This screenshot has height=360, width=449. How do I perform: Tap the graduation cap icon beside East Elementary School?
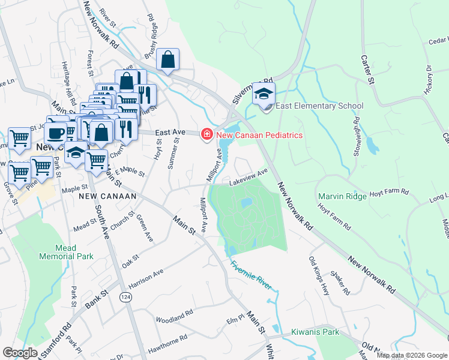pos(263,94)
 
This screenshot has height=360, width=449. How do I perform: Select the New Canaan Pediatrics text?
pos(259,135)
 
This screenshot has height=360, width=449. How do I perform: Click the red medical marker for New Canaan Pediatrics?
pos(207,134)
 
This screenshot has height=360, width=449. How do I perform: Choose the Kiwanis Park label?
pos(315,332)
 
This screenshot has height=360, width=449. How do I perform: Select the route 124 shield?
pos(127,298)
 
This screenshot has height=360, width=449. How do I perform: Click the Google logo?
pos(20,353)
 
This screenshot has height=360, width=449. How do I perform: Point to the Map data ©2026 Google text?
pos(412,355)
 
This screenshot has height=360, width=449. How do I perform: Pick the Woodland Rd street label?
pos(174,315)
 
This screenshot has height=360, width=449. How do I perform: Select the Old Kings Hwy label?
pos(319,276)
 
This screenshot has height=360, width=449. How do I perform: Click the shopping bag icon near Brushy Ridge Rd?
pos(168,59)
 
